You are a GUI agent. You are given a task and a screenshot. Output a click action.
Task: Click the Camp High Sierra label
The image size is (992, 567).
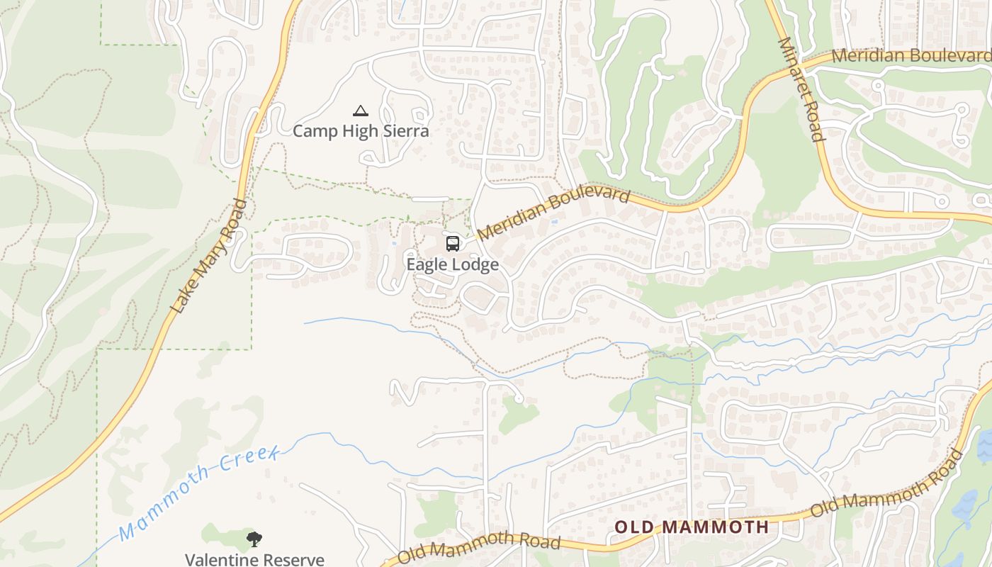361,131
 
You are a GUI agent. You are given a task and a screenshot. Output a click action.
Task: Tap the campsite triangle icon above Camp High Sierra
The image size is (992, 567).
361,111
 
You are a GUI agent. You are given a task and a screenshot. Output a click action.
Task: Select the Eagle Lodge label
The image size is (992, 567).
452,264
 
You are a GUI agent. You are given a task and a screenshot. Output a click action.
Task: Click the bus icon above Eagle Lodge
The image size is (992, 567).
452,244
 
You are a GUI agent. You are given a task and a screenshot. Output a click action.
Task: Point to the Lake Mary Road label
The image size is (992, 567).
210,256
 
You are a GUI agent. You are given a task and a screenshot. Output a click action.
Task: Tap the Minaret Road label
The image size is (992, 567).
801,89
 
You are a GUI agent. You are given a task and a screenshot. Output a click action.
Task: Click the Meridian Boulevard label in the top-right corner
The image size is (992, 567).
911,55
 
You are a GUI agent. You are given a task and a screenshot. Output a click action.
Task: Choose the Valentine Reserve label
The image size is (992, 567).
254,559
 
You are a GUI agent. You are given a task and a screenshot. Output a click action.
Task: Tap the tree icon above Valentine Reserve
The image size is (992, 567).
254,539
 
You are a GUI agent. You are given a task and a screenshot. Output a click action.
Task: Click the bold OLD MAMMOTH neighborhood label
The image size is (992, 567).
691,527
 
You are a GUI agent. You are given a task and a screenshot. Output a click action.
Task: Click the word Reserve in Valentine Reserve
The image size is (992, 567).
286,559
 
